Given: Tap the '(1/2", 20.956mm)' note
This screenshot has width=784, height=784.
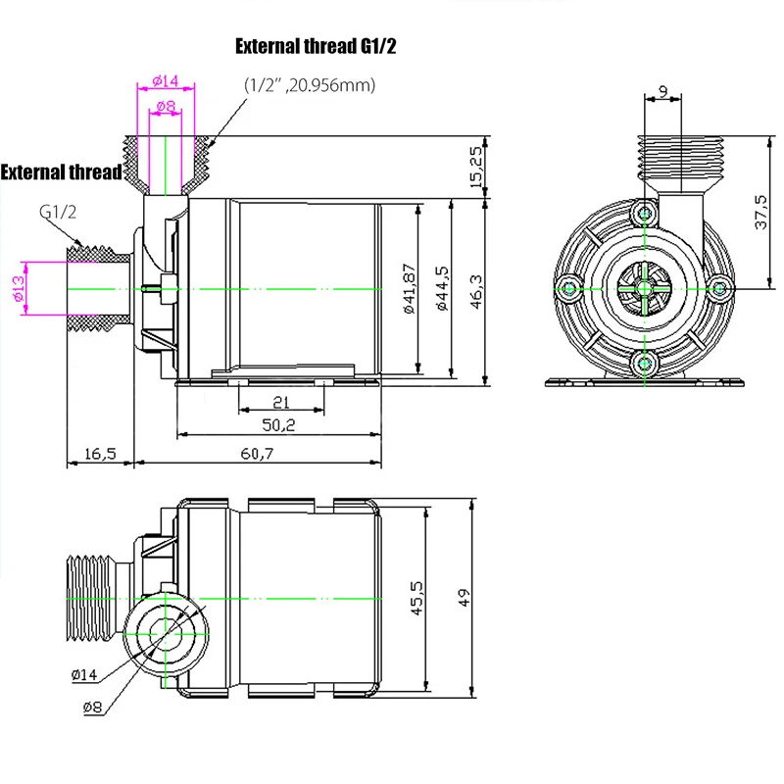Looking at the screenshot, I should point(310,85).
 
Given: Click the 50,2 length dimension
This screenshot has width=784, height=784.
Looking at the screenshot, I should point(278,426).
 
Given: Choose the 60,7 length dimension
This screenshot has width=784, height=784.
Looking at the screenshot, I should point(257,453).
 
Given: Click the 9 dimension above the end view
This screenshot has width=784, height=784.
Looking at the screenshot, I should point(663,92).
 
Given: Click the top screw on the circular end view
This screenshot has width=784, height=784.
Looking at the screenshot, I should point(644,213).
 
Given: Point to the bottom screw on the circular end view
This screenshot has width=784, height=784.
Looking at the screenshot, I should point(644,364).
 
